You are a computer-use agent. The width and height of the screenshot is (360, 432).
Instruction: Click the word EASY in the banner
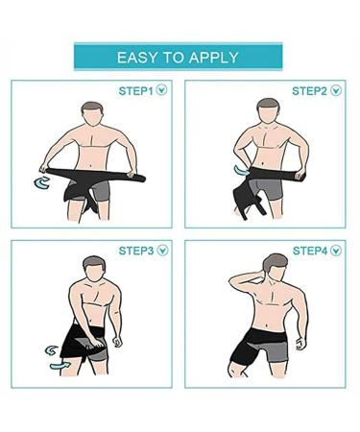pos(137,58)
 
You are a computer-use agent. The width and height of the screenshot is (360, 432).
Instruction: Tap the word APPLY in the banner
pos(213,58)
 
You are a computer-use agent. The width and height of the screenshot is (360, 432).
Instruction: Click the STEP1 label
pos(136,91)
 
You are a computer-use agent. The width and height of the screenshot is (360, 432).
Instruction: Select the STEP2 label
pos(309,91)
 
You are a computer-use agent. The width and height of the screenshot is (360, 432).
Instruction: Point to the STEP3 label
pos(136,251)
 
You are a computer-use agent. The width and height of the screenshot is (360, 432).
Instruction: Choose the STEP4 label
pos(310,251)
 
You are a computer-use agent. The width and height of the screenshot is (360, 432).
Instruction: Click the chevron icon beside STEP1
pos(161,90)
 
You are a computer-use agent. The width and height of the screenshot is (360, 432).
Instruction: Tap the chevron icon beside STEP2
pos(336,90)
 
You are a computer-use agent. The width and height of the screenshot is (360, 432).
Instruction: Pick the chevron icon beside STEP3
pos(162,250)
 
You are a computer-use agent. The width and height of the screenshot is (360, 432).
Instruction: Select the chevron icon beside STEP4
pos(336,251)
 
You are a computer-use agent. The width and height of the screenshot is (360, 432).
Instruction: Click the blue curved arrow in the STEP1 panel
pos(39,183)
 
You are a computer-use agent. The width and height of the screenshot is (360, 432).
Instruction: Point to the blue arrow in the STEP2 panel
pos(241,171)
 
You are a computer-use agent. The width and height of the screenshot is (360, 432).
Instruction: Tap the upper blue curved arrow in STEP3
pos(51,350)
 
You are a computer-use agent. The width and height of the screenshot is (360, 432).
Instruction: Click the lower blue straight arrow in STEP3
pos(60,366)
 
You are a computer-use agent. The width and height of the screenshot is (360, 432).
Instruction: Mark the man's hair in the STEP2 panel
pos(268,104)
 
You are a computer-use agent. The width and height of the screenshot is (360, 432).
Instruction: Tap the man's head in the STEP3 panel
pos(94,269)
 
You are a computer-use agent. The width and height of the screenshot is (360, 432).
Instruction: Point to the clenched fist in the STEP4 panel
pos(300,344)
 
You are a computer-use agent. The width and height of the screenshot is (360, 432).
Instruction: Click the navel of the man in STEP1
pos(90,166)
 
